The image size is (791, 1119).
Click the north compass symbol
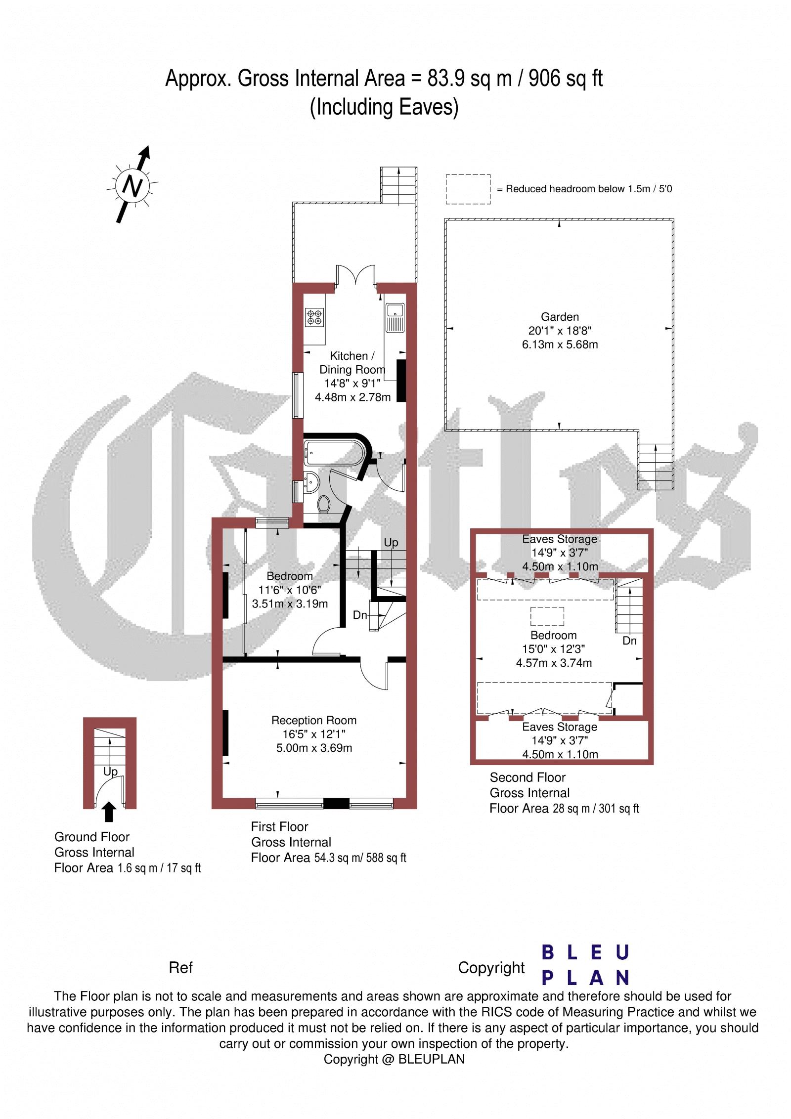(132, 185)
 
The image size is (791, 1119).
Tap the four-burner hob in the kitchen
(314, 317)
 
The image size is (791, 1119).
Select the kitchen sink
(395, 317)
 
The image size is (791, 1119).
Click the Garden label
(560, 317)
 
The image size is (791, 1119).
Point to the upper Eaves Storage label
(560, 539)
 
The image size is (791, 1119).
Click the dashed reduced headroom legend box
(468, 189)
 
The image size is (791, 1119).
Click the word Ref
(180, 967)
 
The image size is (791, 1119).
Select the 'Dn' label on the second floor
(629, 641)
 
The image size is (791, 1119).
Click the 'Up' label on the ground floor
(110, 771)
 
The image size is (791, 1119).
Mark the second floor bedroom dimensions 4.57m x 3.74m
(554, 663)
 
